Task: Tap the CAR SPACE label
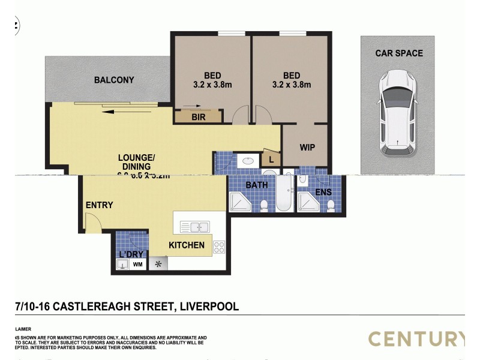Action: coord(399,53)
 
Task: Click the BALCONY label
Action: coord(114,80)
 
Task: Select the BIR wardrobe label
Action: coord(199,118)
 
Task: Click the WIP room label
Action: coord(307,147)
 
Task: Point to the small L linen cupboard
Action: coord(271,160)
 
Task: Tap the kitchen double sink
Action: coord(194,227)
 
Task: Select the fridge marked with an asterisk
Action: coord(159,264)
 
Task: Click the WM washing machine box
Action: coord(137,264)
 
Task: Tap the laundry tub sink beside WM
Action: coord(122,264)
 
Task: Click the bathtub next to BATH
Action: coord(284,193)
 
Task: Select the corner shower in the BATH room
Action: coord(241,202)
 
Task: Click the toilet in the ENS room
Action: coord(331,205)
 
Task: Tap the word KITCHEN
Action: coord(186,245)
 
